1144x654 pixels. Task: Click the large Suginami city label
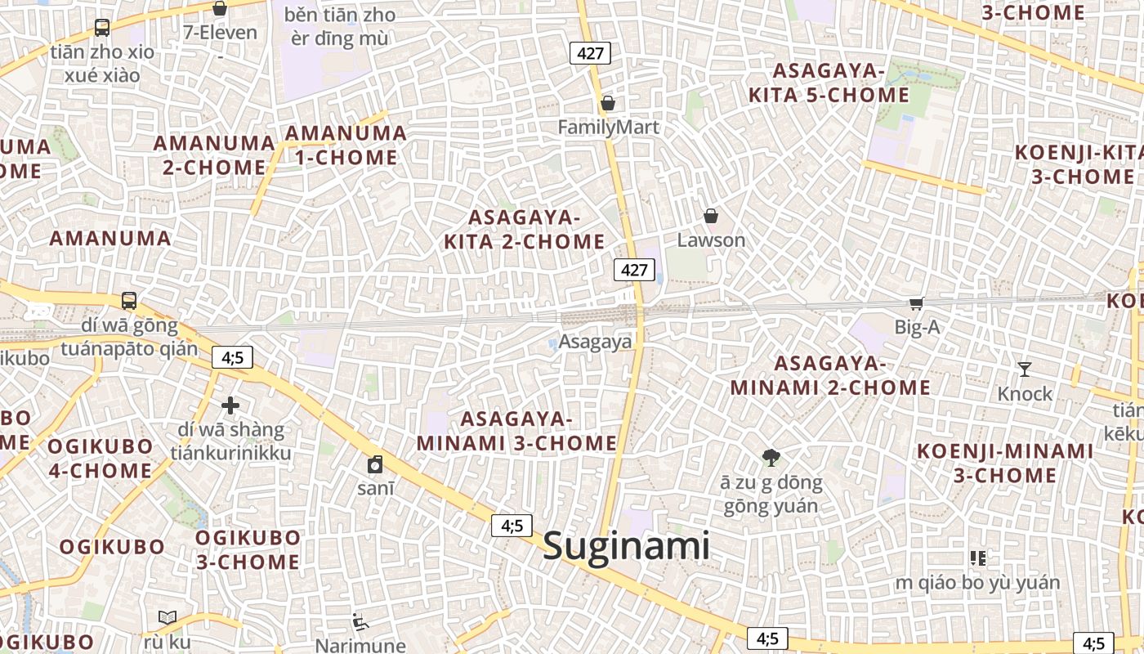[x=627, y=545]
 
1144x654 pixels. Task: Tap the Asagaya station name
[x=596, y=342]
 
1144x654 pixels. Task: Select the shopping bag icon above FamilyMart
[x=607, y=104]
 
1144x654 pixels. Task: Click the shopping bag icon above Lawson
[x=711, y=217]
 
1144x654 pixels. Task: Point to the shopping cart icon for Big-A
[x=916, y=303]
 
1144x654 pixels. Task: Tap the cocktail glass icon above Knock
[x=1025, y=370]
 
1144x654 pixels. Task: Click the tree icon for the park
[x=770, y=458]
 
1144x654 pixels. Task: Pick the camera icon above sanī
[x=375, y=464]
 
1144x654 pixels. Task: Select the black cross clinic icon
[x=230, y=405]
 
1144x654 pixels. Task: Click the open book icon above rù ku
[x=168, y=617]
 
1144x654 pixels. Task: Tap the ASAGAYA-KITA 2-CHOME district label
[x=524, y=230]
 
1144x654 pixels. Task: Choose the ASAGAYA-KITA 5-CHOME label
[x=829, y=83]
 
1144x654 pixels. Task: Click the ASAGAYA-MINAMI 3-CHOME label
[x=516, y=431]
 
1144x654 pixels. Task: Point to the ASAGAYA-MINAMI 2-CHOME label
[x=830, y=375]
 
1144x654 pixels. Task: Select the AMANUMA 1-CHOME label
[x=346, y=145]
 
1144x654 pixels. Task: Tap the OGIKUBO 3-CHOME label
[x=248, y=549]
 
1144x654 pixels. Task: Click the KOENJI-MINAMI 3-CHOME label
[x=1004, y=463]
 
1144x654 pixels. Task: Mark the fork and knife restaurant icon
[x=977, y=558]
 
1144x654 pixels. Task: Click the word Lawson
[x=711, y=240]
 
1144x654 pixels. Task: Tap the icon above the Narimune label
[x=360, y=622]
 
